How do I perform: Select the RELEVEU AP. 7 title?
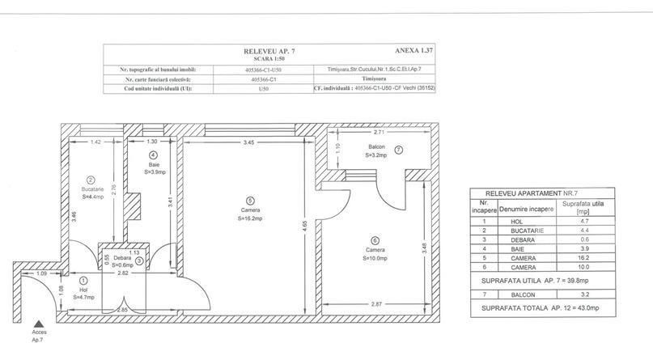coord(267,50)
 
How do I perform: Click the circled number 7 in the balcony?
coord(398,150)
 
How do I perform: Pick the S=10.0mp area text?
coord(375,258)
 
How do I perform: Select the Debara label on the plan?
coord(111,257)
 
